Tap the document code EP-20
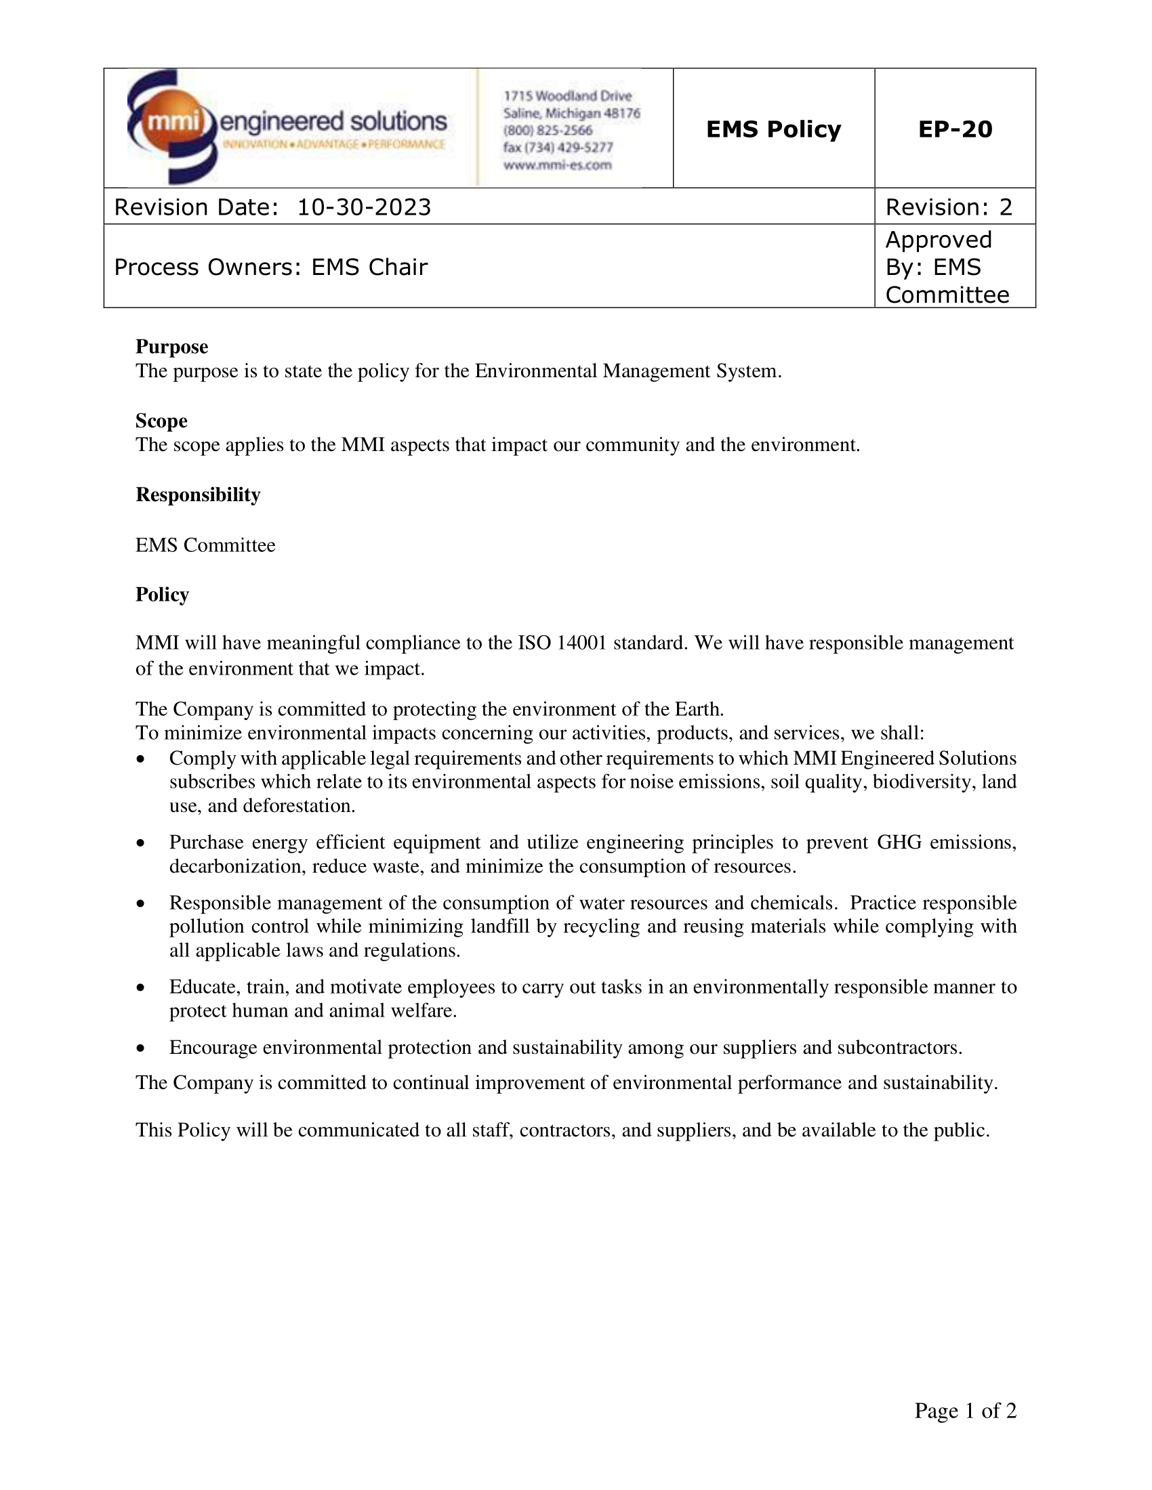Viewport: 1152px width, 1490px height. pos(955,129)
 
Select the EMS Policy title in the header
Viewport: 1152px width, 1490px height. pos(773,129)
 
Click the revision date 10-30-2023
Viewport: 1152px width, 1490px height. pos(364,207)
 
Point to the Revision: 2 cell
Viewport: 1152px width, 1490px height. pos(949,207)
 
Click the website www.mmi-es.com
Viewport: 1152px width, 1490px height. pos(557,165)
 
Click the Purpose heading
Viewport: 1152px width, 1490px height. pos(171,347)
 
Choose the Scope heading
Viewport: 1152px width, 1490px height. pos(161,421)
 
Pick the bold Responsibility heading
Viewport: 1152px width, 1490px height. pos(198,494)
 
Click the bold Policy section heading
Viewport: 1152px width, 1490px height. pos(162,594)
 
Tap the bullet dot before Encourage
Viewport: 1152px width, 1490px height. pos(140,1048)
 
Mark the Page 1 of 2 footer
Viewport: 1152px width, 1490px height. pos(965,1410)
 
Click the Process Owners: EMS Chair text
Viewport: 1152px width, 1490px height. pos(270,267)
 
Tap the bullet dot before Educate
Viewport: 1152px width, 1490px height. pos(140,987)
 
